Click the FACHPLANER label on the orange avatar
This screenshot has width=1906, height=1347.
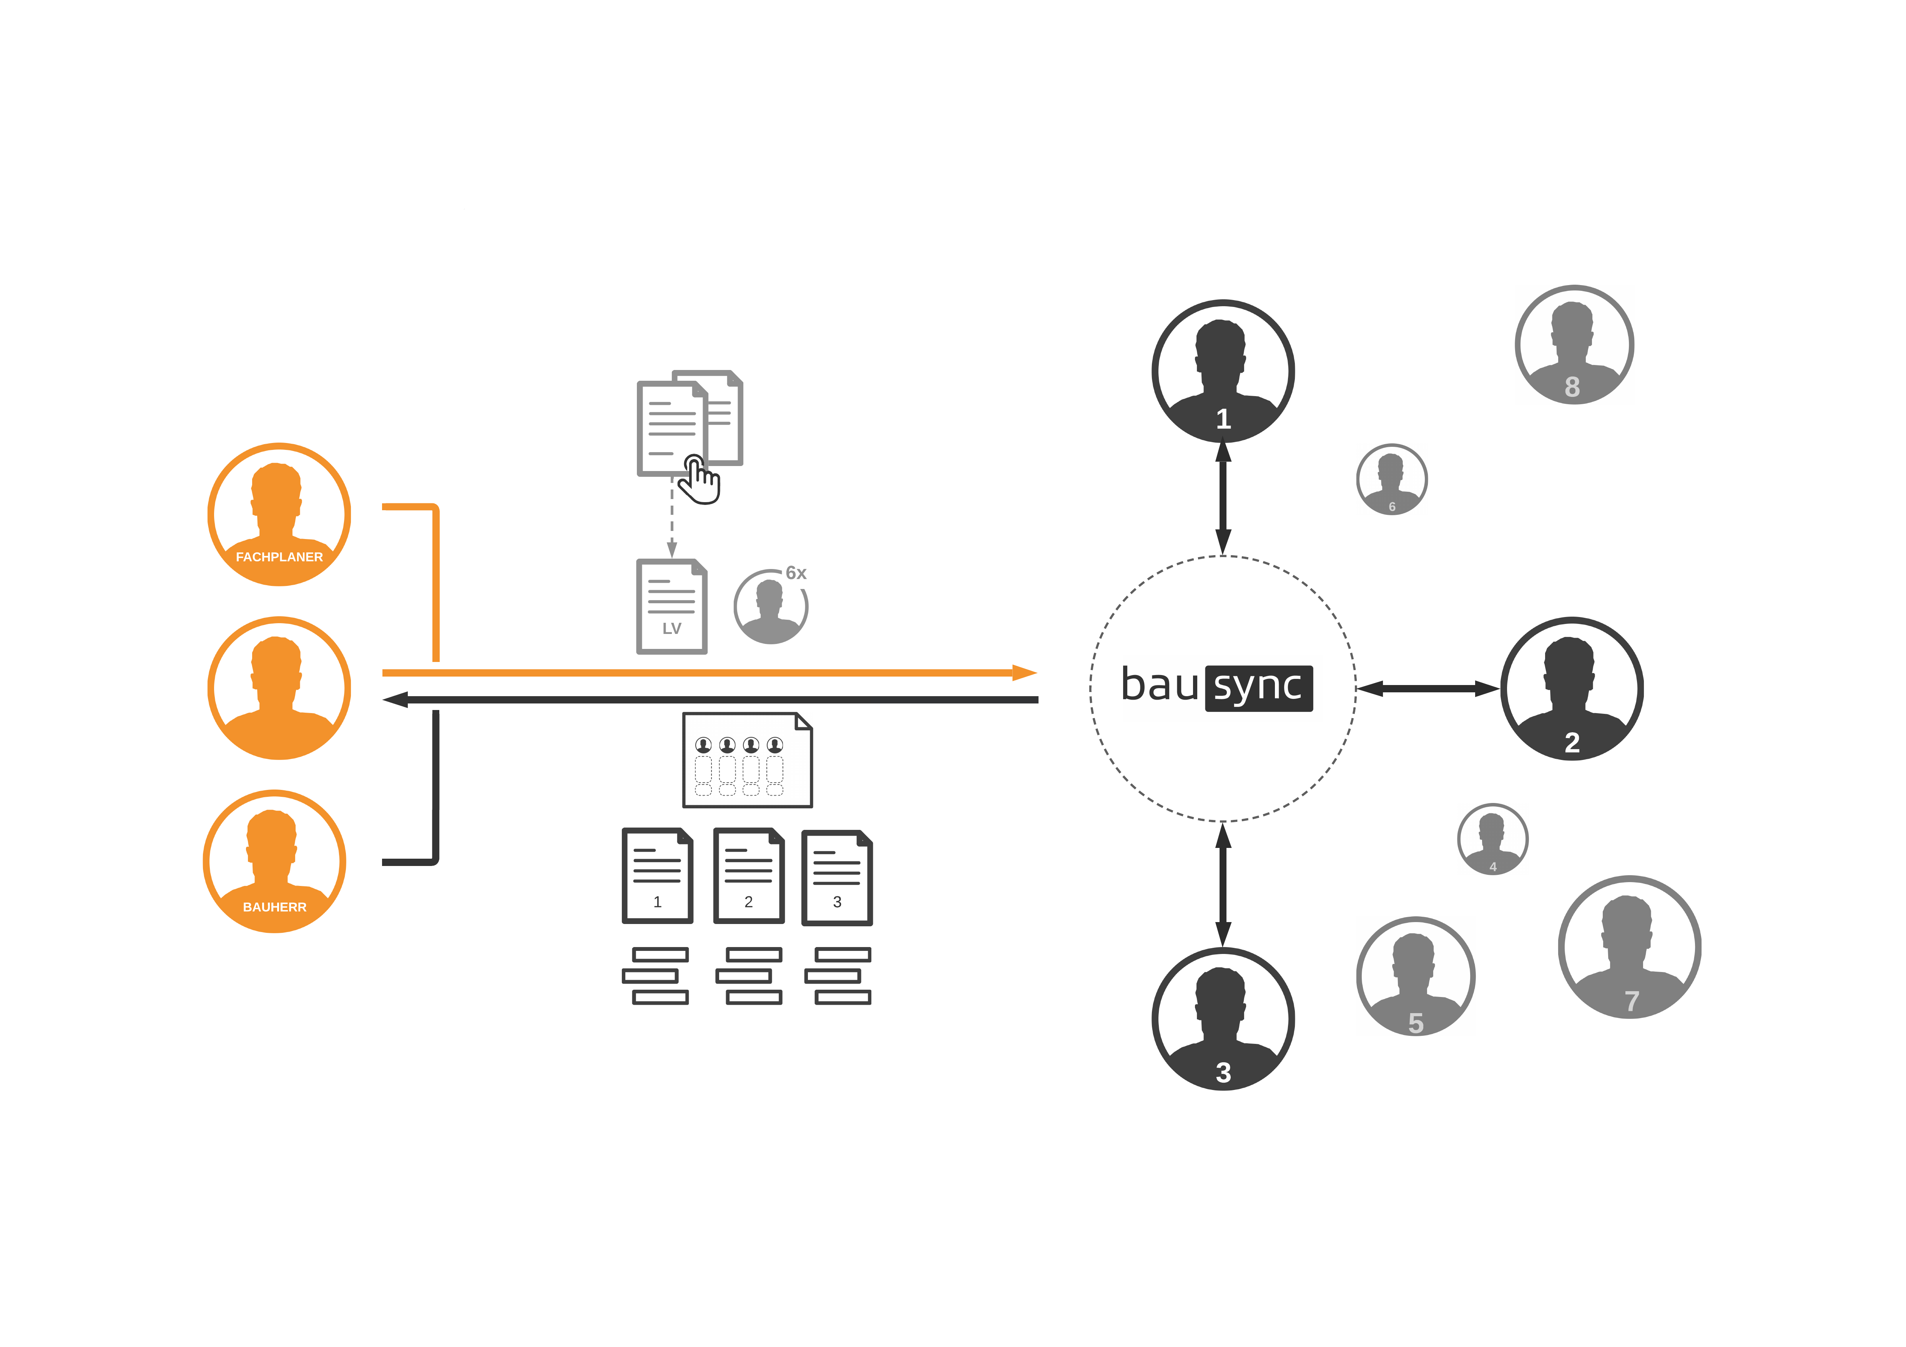point(279,557)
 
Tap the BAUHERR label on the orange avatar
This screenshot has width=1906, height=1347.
point(275,907)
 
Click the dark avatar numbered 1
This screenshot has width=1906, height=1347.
point(1223,371)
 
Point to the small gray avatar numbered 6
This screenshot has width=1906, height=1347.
point(1392,479)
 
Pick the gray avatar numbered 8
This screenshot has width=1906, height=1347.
point(1574,344)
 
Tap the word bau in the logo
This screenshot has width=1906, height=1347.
point(1160,685)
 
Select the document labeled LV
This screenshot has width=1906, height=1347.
point(671,607)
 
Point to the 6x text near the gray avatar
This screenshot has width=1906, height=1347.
point(796,573)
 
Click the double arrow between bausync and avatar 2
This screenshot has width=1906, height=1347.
point(1428,688)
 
